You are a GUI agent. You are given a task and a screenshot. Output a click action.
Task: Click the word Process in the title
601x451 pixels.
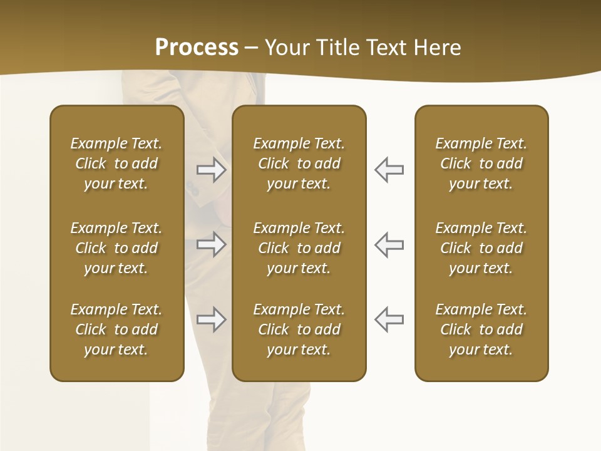(x=197, y=48)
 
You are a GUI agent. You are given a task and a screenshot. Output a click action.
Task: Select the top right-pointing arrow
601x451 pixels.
(x=211, y=170)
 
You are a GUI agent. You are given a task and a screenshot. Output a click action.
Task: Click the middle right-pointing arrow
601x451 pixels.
(x=211, y=244)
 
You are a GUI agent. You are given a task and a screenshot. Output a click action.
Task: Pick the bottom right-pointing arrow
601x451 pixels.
(x=211, y=319)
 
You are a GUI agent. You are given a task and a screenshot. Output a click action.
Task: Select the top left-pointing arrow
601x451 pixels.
(x=389, y=170)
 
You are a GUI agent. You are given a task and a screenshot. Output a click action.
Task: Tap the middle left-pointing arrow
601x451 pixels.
(x=389, y=244)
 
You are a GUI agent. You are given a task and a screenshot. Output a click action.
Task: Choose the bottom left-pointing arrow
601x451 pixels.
(x=389, y=319)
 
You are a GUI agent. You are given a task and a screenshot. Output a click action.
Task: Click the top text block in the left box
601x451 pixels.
(x=116, y=163)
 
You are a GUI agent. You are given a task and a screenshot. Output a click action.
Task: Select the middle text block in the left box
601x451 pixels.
(x=116, y=248)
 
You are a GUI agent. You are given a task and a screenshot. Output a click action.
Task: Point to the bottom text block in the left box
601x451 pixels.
(x=116, y=329)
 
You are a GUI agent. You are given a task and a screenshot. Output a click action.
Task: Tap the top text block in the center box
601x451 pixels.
(x=299, y=163)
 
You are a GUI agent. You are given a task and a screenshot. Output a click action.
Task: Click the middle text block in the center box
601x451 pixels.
(x=299, y=248)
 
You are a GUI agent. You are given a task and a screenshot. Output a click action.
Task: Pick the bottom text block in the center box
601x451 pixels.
(x=299, y=329)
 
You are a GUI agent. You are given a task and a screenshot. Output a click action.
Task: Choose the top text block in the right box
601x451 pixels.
(x=481, y=163)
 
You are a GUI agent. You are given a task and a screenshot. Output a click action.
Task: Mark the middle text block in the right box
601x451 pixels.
(x=481, y=248)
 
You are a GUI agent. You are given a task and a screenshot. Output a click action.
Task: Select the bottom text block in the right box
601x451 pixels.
(x=481, y=329)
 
